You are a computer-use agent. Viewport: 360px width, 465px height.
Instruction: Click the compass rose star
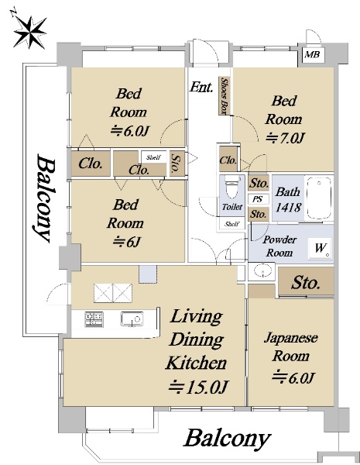tap(29, 31)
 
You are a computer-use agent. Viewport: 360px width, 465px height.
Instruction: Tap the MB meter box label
tap(310, 54)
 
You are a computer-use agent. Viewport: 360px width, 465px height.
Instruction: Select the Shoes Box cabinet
tap(225, 96)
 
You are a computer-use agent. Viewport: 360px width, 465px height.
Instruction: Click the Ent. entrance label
tap(201, 87)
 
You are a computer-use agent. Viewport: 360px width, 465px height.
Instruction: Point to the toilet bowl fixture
tap(231, 187)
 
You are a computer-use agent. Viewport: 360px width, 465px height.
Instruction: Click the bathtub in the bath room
tap(319, 198)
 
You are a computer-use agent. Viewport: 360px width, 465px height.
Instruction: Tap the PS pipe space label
tap(258, 199)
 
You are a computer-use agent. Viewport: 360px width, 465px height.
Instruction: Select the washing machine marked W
tap(320, 248)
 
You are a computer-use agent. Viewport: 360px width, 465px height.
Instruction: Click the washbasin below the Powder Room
tap(262, 271)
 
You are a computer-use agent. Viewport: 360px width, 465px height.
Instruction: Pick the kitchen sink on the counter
tap(132, 319)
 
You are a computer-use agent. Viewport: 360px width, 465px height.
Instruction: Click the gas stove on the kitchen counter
tap(94, 319)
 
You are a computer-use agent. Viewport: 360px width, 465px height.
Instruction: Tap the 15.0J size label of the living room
tap(198, 387)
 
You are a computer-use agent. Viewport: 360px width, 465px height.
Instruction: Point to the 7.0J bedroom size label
tap(286, 138)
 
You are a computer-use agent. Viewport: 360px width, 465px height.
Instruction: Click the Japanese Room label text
tap(290, 346)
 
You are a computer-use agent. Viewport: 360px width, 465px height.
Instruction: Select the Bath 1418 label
tap(288, 200)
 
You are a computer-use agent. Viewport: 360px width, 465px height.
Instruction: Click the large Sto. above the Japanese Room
tap(306, 283)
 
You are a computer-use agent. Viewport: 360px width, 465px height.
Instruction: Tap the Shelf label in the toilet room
tap(231, 224)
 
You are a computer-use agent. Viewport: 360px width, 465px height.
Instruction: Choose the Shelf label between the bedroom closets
tap(153, 157)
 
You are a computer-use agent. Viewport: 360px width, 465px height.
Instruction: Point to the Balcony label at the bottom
tap(228, 439)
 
